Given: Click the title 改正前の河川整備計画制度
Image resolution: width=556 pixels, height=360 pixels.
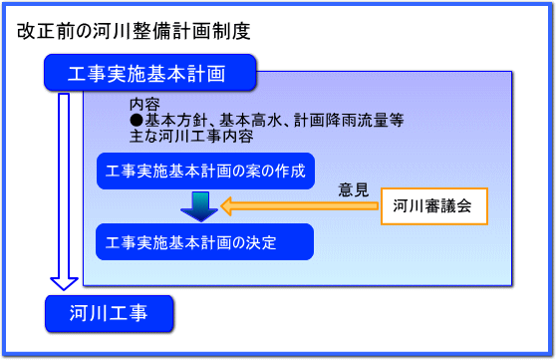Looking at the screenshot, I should point(133,30).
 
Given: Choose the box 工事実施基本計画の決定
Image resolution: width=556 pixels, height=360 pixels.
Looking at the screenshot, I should point(204,241).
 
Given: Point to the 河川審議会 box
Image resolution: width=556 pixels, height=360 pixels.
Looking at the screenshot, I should point(432,206).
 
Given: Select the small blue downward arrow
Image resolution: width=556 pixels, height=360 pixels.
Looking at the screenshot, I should point(199,205).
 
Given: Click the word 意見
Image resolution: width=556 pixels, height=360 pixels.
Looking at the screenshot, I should point(353,187).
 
